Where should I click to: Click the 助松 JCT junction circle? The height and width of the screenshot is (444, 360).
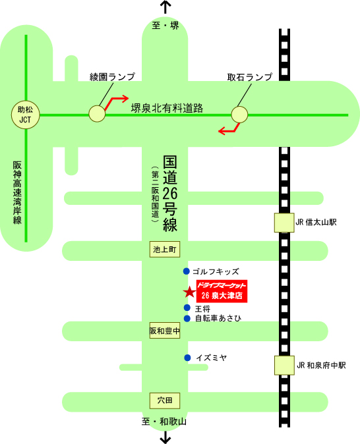coord(25,115)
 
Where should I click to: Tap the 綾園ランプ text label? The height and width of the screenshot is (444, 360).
coord(112,76)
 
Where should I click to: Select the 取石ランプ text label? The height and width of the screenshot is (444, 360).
coord(250,77)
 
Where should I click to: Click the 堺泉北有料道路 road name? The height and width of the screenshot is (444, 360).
coord(167,108)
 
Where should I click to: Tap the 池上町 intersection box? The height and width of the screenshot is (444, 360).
coord(165,249)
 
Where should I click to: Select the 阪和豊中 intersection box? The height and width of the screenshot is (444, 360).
coord(165,331)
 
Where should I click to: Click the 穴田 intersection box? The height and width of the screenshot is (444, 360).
coord(165,401)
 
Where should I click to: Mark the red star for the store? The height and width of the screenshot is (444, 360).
coord(189,292)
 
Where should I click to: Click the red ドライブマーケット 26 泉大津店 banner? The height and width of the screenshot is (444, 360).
coord(222,291)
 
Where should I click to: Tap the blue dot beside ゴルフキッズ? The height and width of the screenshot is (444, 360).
coord(186,271)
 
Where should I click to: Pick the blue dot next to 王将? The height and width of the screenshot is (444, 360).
coord(187,308)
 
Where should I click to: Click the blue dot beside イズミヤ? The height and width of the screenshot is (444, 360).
coord(187,358)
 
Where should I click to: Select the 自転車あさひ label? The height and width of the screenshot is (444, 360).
coord(218,318)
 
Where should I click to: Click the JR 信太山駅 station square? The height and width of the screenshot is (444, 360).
coord(284,223)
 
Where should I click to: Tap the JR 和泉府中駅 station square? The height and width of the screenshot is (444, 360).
coord(284,366)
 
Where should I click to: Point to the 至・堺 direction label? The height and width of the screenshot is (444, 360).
coord(165,26)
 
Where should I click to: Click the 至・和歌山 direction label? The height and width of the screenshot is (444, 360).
coord(164,422)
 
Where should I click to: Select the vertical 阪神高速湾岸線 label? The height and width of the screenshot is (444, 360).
coord(17,193)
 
